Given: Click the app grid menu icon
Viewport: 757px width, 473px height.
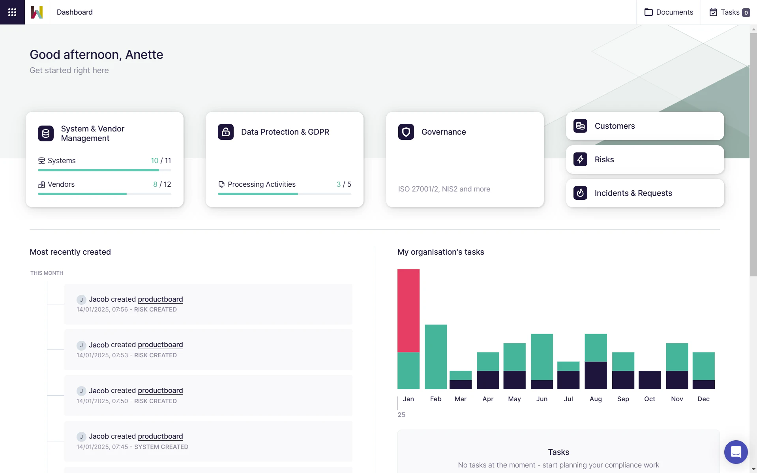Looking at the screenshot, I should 12,12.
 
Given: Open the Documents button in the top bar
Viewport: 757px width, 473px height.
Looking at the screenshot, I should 669,12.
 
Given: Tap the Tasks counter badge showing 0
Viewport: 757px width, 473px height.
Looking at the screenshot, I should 746,13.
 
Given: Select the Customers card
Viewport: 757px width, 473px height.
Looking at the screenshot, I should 645,126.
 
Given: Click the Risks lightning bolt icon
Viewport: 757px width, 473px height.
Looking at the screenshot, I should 580,160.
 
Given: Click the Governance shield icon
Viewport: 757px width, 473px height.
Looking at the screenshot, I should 406,132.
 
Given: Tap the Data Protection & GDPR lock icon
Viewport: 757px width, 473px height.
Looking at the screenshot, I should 226,132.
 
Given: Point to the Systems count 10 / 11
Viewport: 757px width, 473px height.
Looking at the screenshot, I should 161,161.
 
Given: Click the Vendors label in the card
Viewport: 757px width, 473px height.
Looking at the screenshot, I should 61,184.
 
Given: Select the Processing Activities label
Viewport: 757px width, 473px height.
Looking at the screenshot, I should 261,184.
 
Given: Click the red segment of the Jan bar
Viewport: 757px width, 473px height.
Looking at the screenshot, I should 408,310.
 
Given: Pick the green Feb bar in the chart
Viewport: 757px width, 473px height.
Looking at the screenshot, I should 436,357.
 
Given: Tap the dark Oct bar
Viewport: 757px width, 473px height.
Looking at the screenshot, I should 650,380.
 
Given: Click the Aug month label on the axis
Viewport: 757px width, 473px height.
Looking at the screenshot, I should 596,399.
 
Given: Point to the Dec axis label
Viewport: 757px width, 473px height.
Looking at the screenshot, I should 703,399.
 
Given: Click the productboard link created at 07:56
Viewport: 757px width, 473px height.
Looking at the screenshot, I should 160,299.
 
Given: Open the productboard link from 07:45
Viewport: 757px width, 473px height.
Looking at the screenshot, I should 160,436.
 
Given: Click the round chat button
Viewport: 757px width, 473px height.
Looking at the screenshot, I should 736,452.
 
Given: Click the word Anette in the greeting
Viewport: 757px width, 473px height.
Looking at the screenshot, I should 144,54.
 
